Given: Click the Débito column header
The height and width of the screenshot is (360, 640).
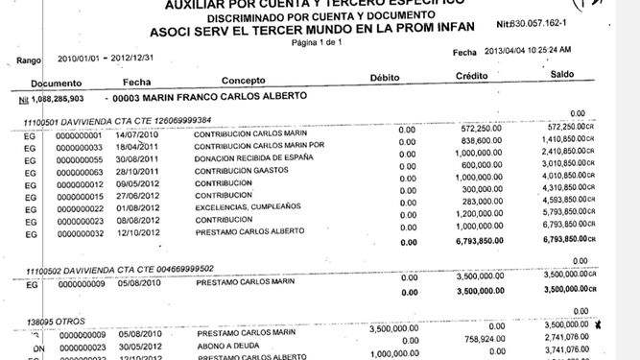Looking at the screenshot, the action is coord(390,78).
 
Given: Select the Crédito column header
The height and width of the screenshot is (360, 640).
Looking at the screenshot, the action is coord(472,75).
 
